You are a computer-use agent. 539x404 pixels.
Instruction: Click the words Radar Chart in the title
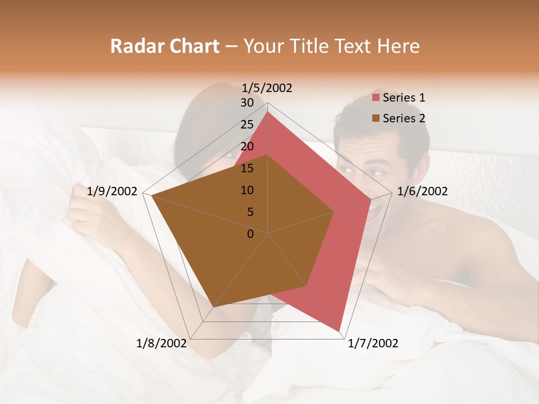[165, 46]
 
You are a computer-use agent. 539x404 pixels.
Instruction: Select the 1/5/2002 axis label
[267, 88]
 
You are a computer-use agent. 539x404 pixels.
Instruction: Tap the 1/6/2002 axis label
[422, 191]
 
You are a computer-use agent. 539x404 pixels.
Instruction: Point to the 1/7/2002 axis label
[373, 343]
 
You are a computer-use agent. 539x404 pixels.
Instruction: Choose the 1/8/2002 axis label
[162, 343]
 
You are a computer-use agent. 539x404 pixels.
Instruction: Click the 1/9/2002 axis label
[112, 191]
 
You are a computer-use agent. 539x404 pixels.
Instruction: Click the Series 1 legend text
[404, 98]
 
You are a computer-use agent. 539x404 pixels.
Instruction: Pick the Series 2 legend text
[404, 118]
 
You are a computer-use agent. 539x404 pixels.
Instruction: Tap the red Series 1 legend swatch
[376, 98]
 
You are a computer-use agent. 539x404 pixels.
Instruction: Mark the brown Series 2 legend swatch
[376, 118]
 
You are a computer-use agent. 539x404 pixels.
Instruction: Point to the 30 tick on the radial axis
[247, 103]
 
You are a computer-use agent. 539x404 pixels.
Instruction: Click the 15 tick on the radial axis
[247, 168]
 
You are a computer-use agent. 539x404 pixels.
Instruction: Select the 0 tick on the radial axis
[250, 234]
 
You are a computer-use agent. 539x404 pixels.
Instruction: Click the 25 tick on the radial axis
[247, 125]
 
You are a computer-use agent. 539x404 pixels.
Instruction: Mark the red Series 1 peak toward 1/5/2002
[267, 112]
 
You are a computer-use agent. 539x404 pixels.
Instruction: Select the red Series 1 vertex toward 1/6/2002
[371, 199]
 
